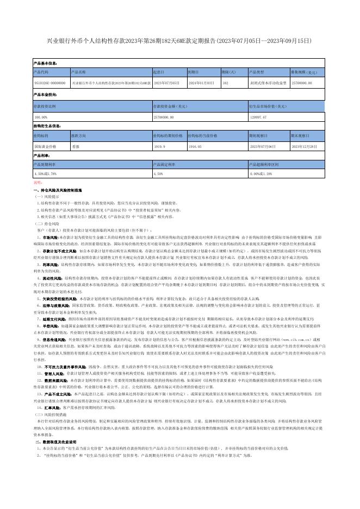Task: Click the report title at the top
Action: [x=180, y=41]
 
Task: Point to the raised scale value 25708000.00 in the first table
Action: [x=302, y=82]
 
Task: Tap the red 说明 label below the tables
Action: [x=37, y=183]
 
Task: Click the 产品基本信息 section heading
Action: [x=46, y=64]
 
